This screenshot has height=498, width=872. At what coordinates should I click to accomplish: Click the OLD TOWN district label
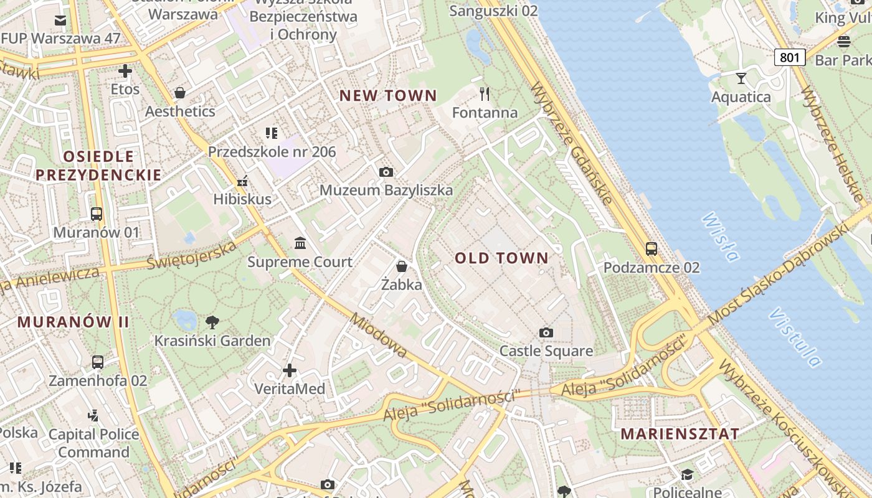(501, 258)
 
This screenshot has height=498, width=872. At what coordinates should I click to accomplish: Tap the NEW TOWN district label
(388, 96)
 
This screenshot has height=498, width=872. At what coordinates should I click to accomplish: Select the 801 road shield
(790, 57)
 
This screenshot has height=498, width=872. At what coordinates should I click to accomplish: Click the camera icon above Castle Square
(546, 332)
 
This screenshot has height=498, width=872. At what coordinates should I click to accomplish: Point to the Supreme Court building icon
(300, 243)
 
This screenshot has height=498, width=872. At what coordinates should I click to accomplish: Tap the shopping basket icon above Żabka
(402, 266)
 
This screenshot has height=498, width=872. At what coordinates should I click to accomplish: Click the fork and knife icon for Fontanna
(485, 94)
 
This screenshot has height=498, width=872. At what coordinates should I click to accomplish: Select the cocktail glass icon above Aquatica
(741, 78)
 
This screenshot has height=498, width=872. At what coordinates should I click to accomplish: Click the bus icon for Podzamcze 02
(652, 249)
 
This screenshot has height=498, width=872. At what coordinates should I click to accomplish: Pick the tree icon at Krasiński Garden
(212, 322)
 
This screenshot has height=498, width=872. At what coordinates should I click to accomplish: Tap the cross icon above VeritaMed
(290, 370)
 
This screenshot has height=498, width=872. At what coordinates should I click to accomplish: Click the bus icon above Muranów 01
(97, 214)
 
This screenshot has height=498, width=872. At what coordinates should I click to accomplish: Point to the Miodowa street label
(379, 336)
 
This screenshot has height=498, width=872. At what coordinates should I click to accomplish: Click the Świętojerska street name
(192, 255)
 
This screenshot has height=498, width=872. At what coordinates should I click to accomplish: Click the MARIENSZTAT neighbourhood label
(680, 434)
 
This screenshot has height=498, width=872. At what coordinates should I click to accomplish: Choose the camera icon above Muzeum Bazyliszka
(386, 172)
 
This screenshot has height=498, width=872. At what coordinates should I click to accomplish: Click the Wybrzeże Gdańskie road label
(571, 143)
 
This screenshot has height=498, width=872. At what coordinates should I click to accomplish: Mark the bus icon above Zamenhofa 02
(98, 362)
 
